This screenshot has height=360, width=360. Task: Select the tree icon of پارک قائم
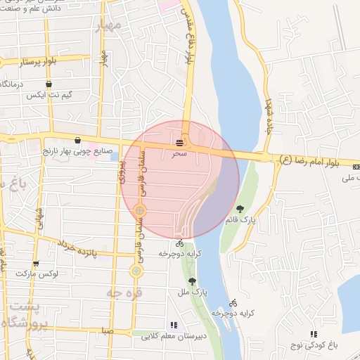point(240,209)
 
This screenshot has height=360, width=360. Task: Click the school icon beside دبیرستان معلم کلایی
point(173,325)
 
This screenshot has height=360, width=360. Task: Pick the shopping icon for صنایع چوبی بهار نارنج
point(77,140)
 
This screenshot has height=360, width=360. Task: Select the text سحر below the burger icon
point(180,153)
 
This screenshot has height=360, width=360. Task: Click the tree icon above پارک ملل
point(192,281)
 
